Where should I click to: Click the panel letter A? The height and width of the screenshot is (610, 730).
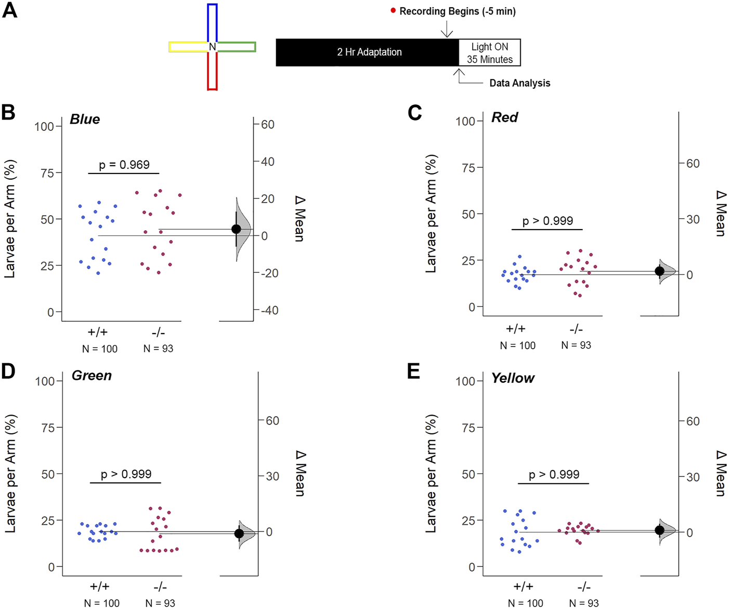[9, 10]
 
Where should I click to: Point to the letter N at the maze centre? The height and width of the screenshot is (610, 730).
[212, 47]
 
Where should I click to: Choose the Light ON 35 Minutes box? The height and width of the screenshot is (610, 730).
[489, 53]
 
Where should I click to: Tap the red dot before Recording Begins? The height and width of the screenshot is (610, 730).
[393, 10]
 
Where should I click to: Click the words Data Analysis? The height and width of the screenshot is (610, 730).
[519, 83]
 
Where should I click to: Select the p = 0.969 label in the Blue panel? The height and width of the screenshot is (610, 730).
[124, 165]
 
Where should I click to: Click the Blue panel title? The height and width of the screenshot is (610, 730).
[85, 120]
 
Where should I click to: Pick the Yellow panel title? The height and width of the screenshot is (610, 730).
[513, 378]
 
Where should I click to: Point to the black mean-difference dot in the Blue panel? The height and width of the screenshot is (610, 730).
[236, 229]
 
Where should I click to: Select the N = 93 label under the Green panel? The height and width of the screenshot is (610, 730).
[160, 603]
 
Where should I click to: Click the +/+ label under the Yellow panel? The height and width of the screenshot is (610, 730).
[524, 587]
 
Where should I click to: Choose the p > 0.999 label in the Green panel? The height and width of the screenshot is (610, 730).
[126, 474]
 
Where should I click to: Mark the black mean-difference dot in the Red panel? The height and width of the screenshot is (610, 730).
[660, 271]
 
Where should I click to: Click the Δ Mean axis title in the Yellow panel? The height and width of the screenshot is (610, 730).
[721, 473]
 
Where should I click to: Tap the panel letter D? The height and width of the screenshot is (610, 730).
[8, 372]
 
